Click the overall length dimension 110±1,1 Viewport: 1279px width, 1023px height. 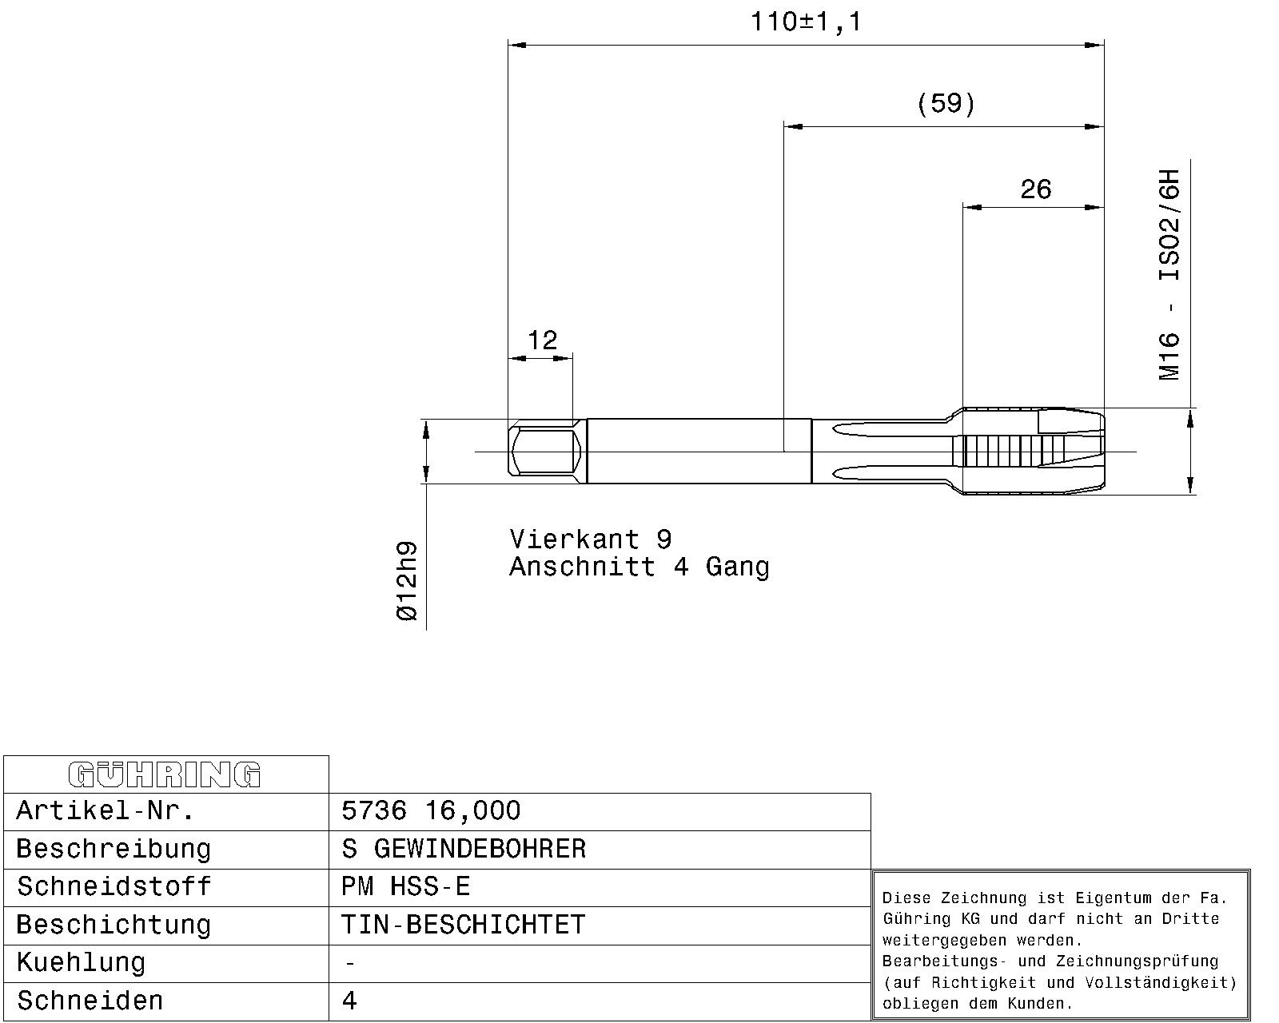coord(806,22)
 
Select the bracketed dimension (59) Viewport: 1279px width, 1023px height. coord(946,104)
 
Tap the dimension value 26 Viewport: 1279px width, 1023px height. coord(1036,189)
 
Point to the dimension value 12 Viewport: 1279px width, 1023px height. coord(542,340)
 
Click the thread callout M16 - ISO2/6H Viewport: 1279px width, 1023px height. coord(1169,275)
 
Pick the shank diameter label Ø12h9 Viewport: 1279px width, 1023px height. coord(407,581)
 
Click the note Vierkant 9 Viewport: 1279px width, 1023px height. coord(591,539)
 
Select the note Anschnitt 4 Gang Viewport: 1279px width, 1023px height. coord(639,567)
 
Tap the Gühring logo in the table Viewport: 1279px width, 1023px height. coord(165,774)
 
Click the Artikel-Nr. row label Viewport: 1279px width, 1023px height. coord(105,810)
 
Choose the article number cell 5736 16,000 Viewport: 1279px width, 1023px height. coord(431,810)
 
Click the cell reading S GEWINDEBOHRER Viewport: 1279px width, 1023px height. coord(464,849)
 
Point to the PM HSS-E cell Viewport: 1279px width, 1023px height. coord(405,887)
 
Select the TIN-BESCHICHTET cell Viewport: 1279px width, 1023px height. coord(464,925)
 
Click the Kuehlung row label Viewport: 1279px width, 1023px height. coord(81,963)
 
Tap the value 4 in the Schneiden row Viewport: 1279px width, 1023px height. coord(349,1001)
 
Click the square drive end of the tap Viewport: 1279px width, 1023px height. coord(547,452)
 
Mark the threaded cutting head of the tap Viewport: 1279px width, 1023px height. coord(1034,452)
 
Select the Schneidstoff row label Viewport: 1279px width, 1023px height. coord(114,887)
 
